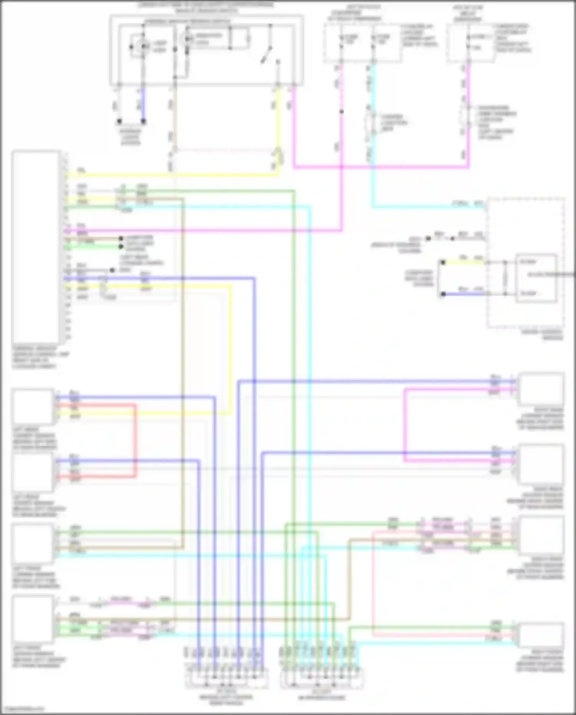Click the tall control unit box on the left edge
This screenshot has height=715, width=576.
[35, 247]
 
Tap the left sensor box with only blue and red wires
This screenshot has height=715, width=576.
[33, 472]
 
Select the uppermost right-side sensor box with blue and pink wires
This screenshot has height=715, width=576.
[541, 389]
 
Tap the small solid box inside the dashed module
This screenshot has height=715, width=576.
[536, 278]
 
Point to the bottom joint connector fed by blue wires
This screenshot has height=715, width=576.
[227, 679]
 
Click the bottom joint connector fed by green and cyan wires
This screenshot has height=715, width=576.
[322, 679]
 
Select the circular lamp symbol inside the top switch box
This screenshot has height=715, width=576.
[144, 46]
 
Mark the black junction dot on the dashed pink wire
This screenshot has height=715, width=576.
[341, 112]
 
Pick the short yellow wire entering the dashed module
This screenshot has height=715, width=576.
[465, 263]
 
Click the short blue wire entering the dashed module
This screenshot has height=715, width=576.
[465, 294]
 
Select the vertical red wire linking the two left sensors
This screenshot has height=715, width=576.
[135, 440]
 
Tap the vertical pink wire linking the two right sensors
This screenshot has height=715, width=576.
[405, 425]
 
